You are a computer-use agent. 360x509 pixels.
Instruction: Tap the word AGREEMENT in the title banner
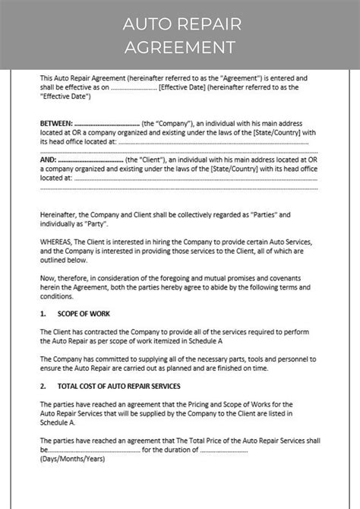pyautogui.click(x=180, y=47)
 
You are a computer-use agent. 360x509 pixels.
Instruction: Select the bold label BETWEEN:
pyautogui.click(x=56, y=122)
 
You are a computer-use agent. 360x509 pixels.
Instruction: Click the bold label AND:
pyautogui.click(x=48, y=160)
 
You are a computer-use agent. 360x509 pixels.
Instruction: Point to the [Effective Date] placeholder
pyautogui.click(x=179, y=87)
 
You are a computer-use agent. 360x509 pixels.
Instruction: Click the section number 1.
pyautogui.click(x=43, y=312)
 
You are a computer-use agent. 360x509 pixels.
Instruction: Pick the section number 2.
pyautogui.click(x=43, y=386)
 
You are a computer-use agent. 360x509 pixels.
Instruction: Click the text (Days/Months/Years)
pyautogui.click(x=72, y=459)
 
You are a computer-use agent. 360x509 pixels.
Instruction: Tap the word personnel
pyautogui.click(x=286, y=357)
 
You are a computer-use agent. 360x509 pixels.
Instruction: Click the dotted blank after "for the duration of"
pyautogui.click(x=224, y=449)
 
